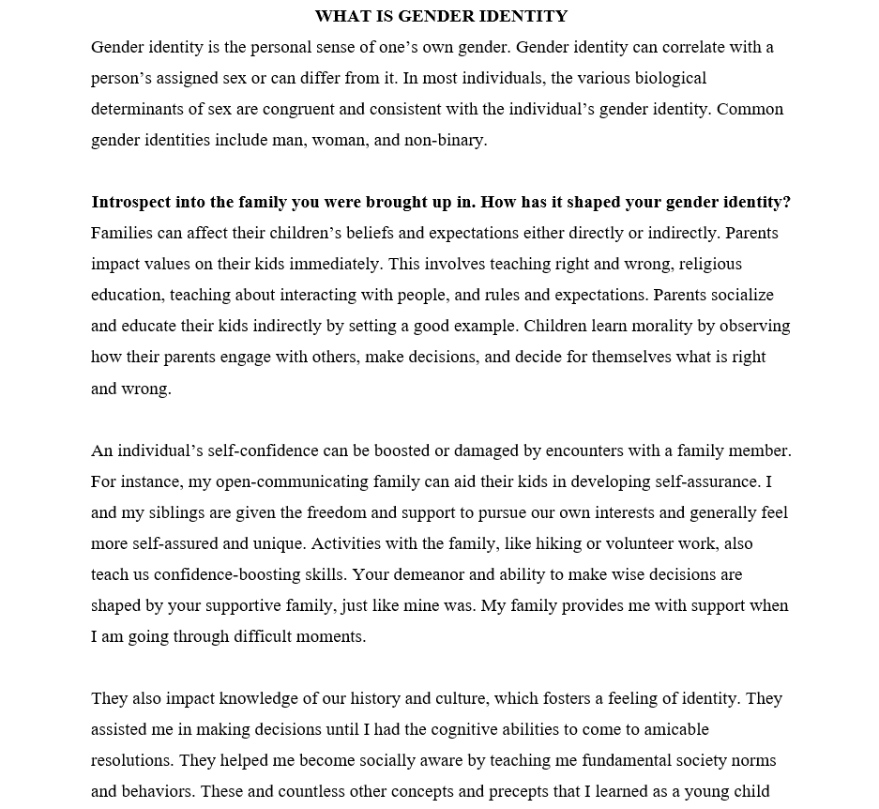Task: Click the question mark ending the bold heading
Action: (787, 202)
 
